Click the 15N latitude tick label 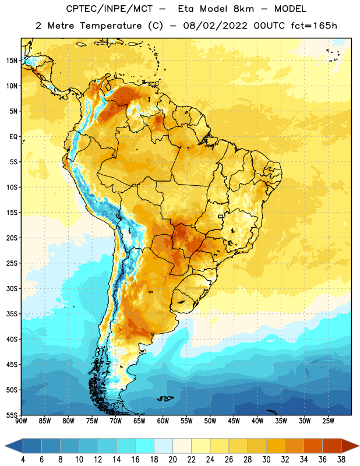click(12, 61)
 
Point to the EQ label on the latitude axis click(13, 137)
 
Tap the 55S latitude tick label click(12, 415)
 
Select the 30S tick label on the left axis click(12, 288)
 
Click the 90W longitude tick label click(22, 421)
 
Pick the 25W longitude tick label click(328, 421)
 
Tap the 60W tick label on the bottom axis click(163, 421)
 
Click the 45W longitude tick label click(234, 421)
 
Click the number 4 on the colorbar click(23, 460)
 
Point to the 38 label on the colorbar click(341, 460)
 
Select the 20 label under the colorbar click(172, 460)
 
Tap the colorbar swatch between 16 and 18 click(145, 446)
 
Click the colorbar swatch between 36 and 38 click(332, 446)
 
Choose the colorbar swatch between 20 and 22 click(182, 446)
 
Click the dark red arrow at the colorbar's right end click(350, 446)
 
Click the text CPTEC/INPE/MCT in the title click(109, 9)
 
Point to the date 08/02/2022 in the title click(215, 26)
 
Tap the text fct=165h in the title click(314, 26)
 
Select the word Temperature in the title click(111, 26)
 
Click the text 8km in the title click(243, 9)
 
